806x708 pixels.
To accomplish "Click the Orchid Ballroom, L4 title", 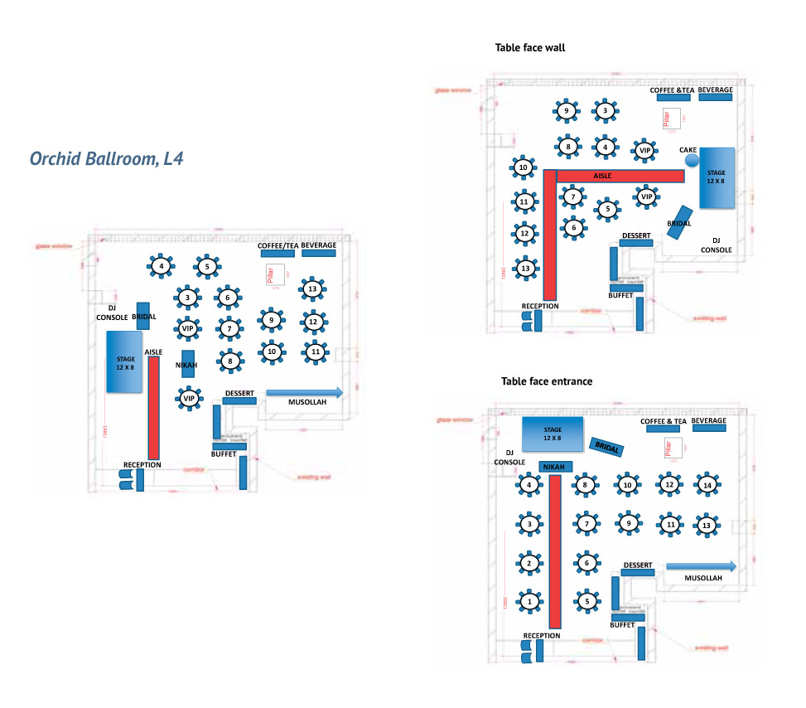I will click(x=106, y=158).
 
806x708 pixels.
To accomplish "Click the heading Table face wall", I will click(x=529, y=48).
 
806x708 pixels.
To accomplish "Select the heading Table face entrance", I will click(x=547, y=381).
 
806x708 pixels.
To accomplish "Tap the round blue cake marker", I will click(x=693, y=159).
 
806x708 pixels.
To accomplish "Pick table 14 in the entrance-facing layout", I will click(x=707, y=485).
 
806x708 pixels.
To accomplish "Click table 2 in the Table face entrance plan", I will click(x=529, y=564).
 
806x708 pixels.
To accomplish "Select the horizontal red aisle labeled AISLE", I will click(x=620, y=176).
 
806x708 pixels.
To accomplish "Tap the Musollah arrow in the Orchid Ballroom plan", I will click(x=304, y=393).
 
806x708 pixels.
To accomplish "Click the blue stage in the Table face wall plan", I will click(x=717, y=177).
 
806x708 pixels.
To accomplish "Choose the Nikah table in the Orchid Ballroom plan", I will click(x=188, y=365).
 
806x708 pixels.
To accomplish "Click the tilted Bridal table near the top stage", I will click(x=606, y=448).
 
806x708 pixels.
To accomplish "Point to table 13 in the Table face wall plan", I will click(x=524, y=269).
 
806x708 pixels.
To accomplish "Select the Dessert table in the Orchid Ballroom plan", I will click(x=239, y=401).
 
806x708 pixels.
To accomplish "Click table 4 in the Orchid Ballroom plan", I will click(x=162, y=266).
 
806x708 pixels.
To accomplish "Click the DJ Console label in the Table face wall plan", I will click(x=716, y=245).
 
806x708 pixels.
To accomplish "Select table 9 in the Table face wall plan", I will click(x=567, y=111).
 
